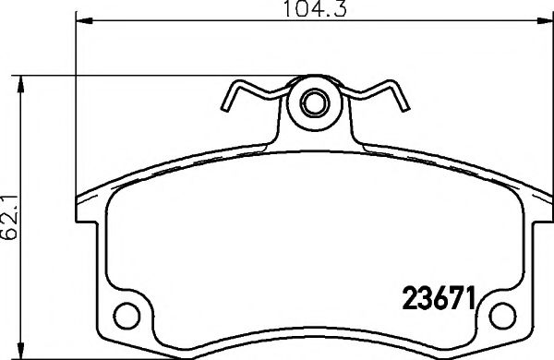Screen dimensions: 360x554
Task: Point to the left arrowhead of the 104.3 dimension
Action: point(79,18)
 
